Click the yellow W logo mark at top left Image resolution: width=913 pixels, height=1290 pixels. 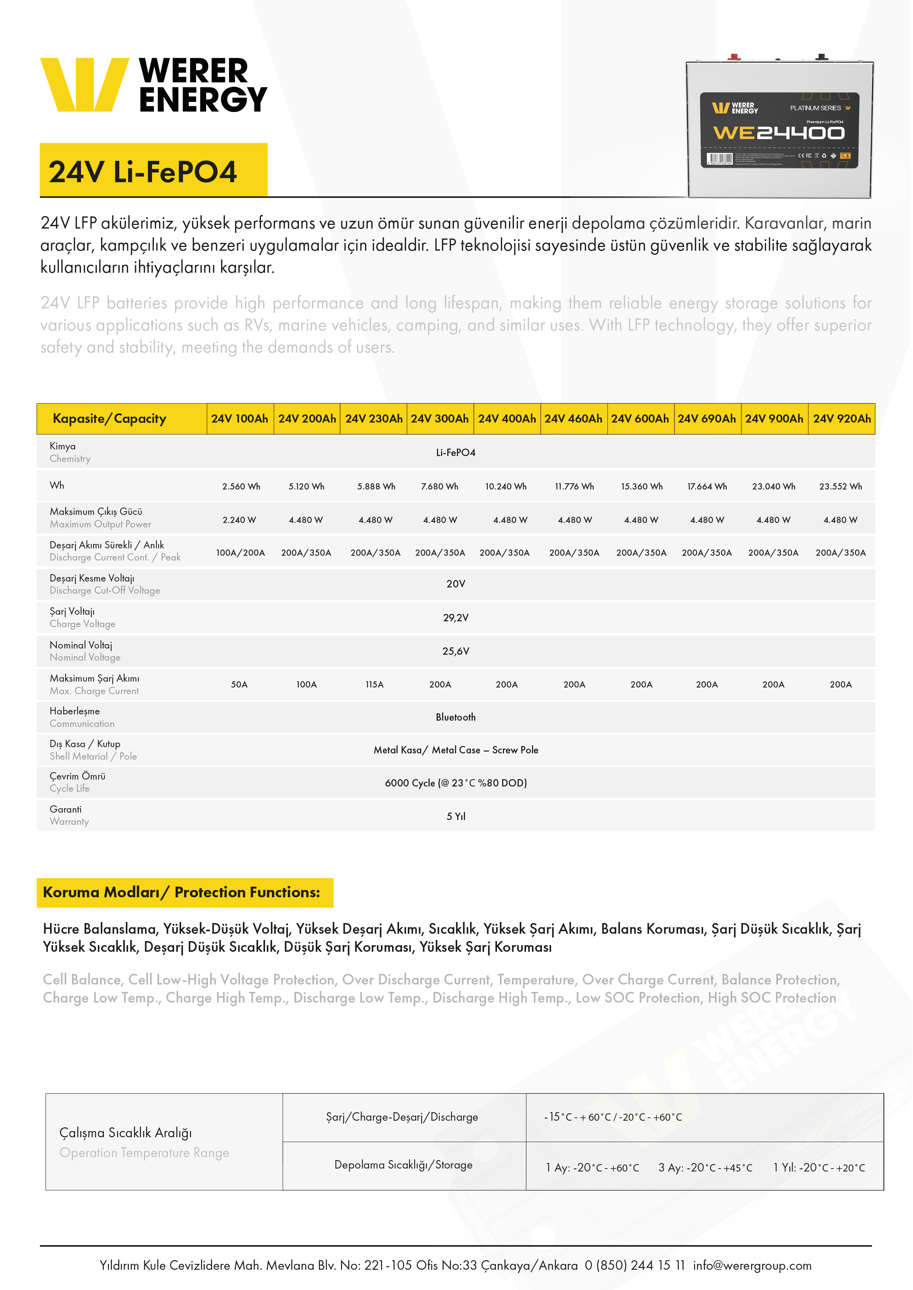pyautogui.click(x=84, y=84)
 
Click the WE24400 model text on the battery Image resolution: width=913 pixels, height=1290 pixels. pyautogui.click(x=779, y=133)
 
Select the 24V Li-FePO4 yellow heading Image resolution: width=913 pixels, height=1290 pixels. pyautogui.click(x=143, y=172)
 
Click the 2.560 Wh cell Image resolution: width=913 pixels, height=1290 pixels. pyautogui.click(x=241, y=486)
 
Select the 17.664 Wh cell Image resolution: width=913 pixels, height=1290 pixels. pyautogui.click(x=707, y=486)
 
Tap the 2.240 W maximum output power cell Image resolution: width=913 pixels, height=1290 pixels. pyautogui.click(x=240, y=520)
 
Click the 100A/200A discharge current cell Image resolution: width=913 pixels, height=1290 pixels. pyautogui.click(x=241, y=552)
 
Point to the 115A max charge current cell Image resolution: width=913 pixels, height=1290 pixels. pyautogui.click(x=374, y=684)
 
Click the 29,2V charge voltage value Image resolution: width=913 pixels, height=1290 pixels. pyautogui.click(x=456, y=618)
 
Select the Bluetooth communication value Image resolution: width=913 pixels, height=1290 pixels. pyautogui.click(x=456, y=717)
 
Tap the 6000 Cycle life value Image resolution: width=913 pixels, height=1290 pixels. pyautogui.click(x=456, y=783)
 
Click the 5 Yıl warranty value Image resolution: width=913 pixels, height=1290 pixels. pyautogui.click(x=456, y=816)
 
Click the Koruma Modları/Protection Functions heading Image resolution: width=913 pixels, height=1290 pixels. pyautogui.click(x=181, y=892)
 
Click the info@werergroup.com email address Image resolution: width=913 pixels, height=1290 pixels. pyautogui.click(x=752, y=1265)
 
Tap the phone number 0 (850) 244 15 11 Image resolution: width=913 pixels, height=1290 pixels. pyautogui.click(x=635, y=1265)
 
